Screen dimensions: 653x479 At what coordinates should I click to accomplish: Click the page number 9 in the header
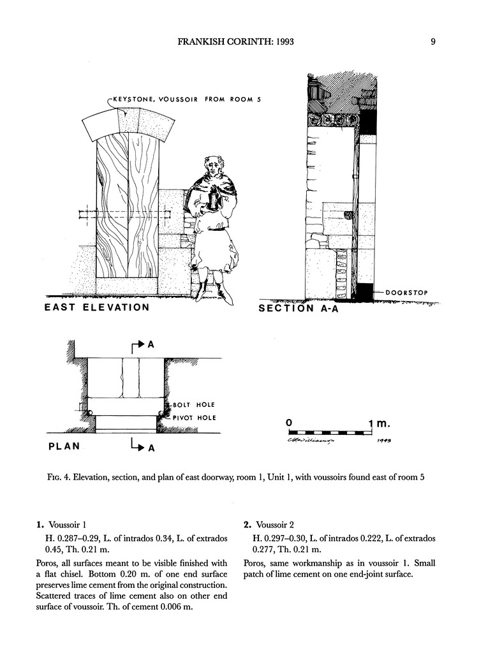coord(433,43)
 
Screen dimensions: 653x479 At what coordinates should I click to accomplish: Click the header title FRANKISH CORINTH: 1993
coord(240,43)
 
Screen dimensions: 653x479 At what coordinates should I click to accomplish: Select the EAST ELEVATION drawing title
coord(97,307)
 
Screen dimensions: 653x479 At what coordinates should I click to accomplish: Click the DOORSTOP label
coord(406,293)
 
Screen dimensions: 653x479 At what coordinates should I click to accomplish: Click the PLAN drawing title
coord(64,446)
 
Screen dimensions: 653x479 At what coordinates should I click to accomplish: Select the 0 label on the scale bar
coord(290,423)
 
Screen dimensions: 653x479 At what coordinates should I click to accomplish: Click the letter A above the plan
coord(151,345)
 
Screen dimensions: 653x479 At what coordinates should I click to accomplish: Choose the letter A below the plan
coord(152,448)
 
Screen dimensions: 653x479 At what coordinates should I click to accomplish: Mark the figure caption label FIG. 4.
coord(57,478)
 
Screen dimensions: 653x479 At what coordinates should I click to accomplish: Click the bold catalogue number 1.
coord(40,525)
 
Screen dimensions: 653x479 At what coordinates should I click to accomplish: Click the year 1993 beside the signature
coord(385,440)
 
